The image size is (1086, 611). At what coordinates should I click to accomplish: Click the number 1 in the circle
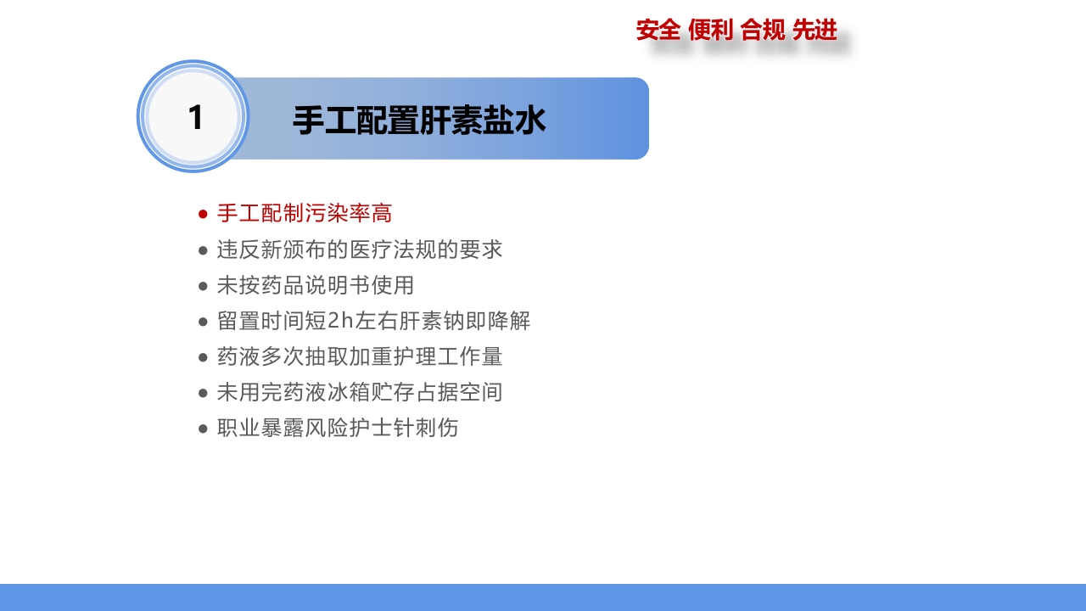coord(195,118)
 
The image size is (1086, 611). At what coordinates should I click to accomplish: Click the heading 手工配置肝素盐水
coord(419,121)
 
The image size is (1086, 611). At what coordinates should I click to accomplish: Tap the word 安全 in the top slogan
coord(658,31)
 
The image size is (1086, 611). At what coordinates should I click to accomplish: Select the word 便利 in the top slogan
coord(710,31)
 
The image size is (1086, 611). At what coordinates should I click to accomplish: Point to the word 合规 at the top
coord(763,31)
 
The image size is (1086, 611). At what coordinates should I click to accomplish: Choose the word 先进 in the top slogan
coord(814,31)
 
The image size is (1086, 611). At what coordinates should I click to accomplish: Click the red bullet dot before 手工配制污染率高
coord(203,214)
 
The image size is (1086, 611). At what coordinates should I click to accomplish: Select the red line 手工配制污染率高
coord(305,213)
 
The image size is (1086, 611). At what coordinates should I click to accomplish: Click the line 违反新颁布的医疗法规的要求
coord(360,249)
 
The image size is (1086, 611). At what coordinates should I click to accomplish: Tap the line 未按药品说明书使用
coord(316,285)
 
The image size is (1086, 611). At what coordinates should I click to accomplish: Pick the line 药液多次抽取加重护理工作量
coord(360,356)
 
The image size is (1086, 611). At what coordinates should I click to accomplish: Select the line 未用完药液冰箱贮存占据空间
coord(360,392)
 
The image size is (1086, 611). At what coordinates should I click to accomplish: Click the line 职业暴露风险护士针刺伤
coord(338,428)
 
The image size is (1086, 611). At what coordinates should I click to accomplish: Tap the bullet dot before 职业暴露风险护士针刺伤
coord(203,429)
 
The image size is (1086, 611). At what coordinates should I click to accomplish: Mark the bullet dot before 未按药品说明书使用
coord(203,286)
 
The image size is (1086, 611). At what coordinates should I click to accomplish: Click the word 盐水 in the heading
coord(514,121)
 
